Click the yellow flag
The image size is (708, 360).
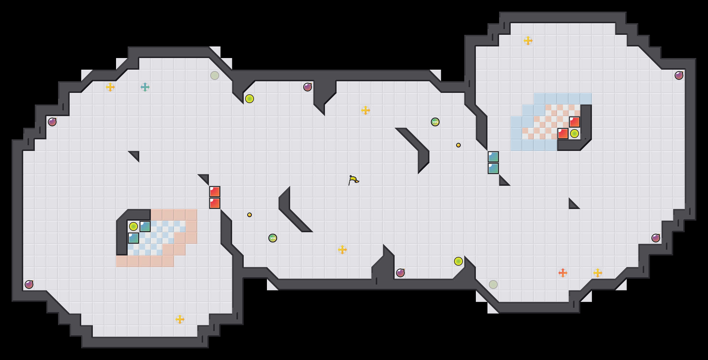pos(353,180)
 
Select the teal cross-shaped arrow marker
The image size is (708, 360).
pos(145,87)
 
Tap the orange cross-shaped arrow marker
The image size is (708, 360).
pos(563,273)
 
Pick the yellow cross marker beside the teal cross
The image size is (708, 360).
pos(110,87)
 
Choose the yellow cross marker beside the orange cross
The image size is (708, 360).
pos(598,273)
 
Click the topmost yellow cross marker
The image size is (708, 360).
pos(528,41)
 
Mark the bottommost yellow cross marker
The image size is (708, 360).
pos(180,319)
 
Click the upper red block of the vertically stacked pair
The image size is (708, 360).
pos(215,192)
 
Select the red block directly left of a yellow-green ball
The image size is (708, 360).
pos(563,134)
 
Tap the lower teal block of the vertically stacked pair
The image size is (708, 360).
pos(493,168)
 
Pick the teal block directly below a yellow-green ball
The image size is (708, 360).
pos(133,238)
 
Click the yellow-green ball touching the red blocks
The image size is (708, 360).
pos(575,134)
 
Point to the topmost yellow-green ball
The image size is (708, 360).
pos(250,99)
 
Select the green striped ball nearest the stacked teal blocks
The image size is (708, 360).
pos(435,122)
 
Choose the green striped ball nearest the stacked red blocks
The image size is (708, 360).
pos(273,238)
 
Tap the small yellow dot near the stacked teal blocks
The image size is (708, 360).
pos(458,145)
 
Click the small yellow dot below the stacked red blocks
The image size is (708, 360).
pos(250,215)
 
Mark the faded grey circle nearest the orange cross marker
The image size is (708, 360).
pos(493,285)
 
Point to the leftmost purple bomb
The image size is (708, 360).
pos(29,285)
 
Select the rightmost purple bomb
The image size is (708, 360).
pos(679,75)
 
